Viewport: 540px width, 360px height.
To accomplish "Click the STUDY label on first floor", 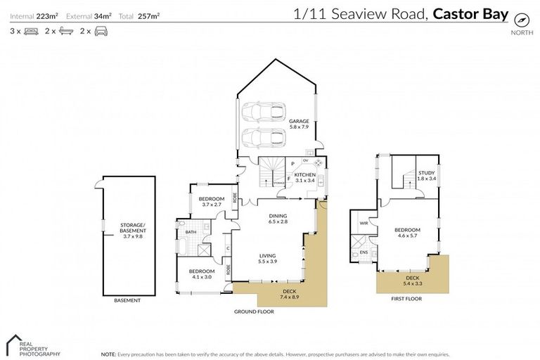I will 427,175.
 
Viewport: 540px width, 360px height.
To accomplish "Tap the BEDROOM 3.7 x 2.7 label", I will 212,201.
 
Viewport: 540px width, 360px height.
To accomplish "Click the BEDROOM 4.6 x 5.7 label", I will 407,233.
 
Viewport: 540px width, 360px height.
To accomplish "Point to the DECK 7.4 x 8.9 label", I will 290,294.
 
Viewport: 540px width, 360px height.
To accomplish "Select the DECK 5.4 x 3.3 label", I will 412,281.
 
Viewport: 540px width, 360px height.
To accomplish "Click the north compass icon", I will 521,19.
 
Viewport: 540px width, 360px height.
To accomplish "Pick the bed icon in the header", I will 31,31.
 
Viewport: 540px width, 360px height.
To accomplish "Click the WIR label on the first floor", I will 364,223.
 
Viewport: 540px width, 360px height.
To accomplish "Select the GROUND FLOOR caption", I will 255,311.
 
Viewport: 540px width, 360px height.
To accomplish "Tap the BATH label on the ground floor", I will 191,231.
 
